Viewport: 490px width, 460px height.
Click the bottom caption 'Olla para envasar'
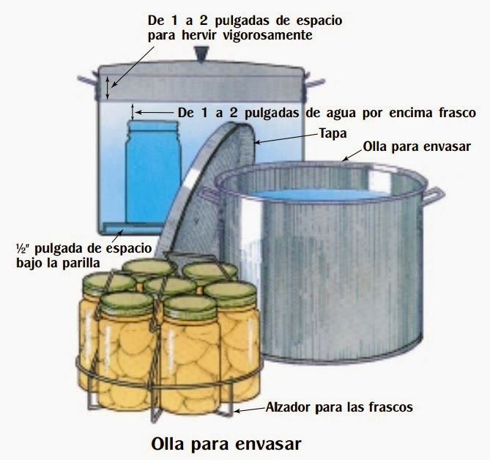[226, 444]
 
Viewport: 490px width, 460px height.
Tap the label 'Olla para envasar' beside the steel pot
[417, 146]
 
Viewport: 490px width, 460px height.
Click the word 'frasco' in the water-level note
[456, 113]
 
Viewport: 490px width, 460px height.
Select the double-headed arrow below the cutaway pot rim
[107, 87]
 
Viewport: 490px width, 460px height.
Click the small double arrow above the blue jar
[133, 112]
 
